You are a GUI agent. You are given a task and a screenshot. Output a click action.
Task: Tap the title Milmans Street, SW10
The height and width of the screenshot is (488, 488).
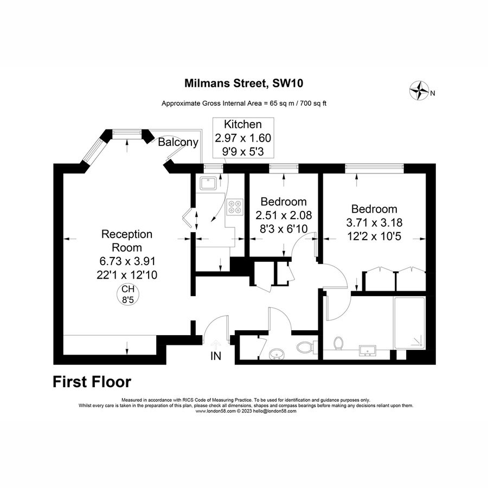(243, 84)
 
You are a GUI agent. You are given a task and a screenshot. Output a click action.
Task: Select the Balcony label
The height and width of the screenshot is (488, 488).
(178, 142)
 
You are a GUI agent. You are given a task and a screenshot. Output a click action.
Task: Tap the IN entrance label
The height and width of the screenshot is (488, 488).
(216, 356)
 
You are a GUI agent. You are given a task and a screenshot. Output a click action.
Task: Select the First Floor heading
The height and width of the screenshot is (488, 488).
(92, 382)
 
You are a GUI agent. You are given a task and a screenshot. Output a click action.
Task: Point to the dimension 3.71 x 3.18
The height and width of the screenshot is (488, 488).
(374, 222)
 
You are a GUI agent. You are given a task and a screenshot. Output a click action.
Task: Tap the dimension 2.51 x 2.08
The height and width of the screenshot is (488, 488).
(284, 215)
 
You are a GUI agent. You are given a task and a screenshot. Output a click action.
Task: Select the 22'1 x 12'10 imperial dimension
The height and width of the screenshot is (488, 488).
(127, 275)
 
